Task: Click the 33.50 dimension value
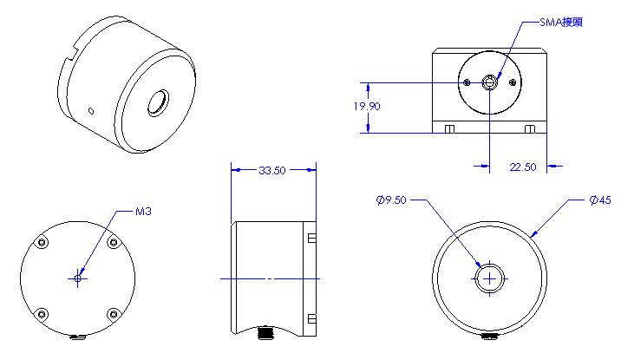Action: point(272,171)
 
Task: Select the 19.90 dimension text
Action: point(367,107)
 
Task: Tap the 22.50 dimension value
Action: point(523,167)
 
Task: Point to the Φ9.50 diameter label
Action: point(391,200)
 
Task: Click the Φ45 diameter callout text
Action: point(600,200)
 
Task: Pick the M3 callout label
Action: point(143,212)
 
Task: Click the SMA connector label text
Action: point(561,23)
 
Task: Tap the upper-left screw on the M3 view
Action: point(42,243)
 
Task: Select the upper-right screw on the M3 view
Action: point(114,243)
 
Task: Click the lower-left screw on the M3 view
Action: point(42,314)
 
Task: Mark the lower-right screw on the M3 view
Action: point(114,314)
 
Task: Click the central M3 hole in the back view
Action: point(78,278)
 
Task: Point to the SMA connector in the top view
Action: point(490,82)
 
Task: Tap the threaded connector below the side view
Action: point(265,332)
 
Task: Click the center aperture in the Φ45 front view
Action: point(490,278)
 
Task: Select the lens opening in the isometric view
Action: point(158,103)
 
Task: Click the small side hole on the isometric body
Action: point(91,111)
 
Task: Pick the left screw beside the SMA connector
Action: point(467,82)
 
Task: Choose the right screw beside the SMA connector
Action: point(513,82)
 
